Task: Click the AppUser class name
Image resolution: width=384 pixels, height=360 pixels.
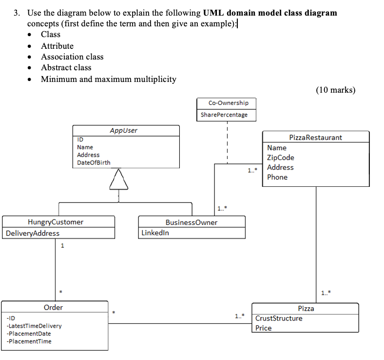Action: click(x=123, y=131)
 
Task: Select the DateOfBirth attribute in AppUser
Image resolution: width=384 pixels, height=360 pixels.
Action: click(x=94, y=162)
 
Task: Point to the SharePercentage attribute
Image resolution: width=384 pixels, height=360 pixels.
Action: click(x=224, y=115)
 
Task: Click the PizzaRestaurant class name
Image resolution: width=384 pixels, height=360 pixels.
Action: click(x=315, y=138)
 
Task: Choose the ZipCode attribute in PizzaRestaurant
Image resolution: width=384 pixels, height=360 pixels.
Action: click(x=280, y=158)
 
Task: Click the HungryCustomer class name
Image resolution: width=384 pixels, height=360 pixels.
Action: click(x=55, y=222)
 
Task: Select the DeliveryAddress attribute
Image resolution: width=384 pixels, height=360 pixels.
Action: click(x=33, y=233)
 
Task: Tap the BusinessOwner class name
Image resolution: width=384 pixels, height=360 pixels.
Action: click(x=192, y=222)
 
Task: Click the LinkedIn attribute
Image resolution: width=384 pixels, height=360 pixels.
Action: click(x=155, y=233)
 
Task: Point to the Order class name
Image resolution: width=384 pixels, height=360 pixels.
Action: click(x=53, y=307)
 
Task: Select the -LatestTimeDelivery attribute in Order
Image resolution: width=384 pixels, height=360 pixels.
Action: click(x=34, y=326)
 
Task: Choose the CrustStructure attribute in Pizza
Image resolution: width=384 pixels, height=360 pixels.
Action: click(x=278, y=319)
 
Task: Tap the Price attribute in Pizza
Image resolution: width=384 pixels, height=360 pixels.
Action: click(x=263, y=328)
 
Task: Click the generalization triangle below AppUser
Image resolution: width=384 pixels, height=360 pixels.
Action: click(x=118, y=180)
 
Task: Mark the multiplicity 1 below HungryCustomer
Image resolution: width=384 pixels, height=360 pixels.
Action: click(x=61, y=246)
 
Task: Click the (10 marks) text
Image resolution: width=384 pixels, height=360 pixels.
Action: click(x=335, y=90)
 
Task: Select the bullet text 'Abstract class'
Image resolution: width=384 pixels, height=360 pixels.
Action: click(x=66, y=68)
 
